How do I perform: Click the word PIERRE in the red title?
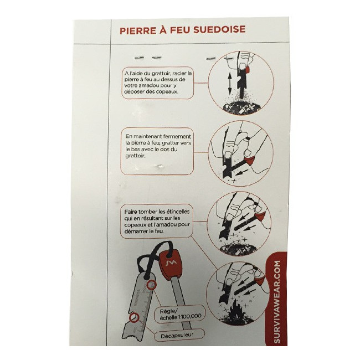(x=135, y=30)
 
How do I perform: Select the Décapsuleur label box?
(x=179, y=336)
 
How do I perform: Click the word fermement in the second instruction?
(x=179, y=136)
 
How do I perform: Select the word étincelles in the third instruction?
(x=178, y=212)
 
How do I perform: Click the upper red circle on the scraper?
(x=152, y=285)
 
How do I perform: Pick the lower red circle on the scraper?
(x=134, y=317)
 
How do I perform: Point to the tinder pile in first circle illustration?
(x=241, y=107)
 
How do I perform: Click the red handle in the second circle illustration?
(x=249, y=161)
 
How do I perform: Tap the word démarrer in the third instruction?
(x=135, y=231)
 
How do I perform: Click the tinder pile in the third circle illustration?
(x=238, y=249)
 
